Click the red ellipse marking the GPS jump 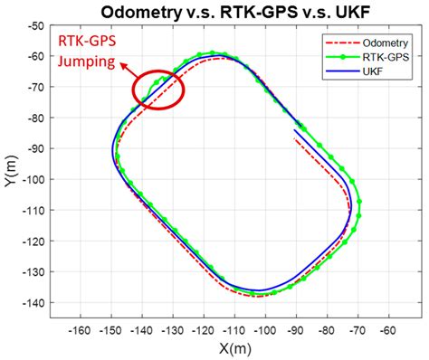pos(157,89)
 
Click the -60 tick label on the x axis pos(386,330)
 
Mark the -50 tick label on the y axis pos(36,26)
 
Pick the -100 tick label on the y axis pos(33,179)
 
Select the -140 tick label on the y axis pos(33,302)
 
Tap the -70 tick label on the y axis pos(36,88)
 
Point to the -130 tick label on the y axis pos(33,271)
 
